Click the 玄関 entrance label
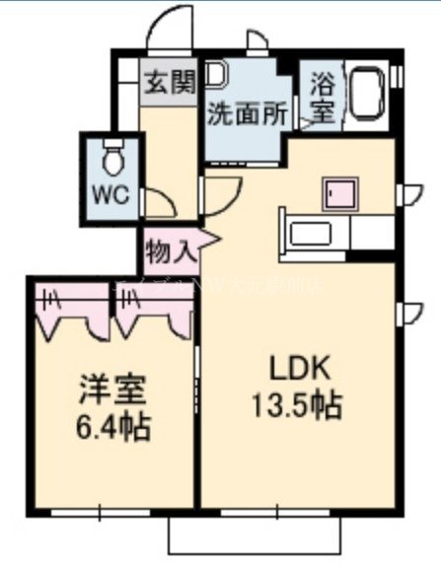click(x=171, y=81)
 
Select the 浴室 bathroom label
click(x=323, y=96)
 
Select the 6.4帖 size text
click(x=113, y=427)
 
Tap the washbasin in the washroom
click(x=216, y=76)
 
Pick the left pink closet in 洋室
click(x=70, y=306)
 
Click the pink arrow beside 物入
click(x=206, y=242)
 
